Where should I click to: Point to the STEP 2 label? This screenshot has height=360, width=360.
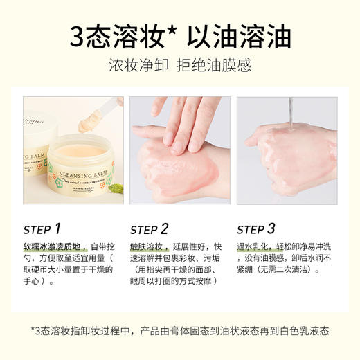click(x=150, y=229)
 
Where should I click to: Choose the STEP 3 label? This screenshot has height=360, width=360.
click(x=256, y=229)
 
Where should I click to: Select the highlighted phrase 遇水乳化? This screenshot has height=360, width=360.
click(x=253, y=246)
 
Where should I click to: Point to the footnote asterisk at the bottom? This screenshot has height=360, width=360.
click(x=33, y=330)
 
